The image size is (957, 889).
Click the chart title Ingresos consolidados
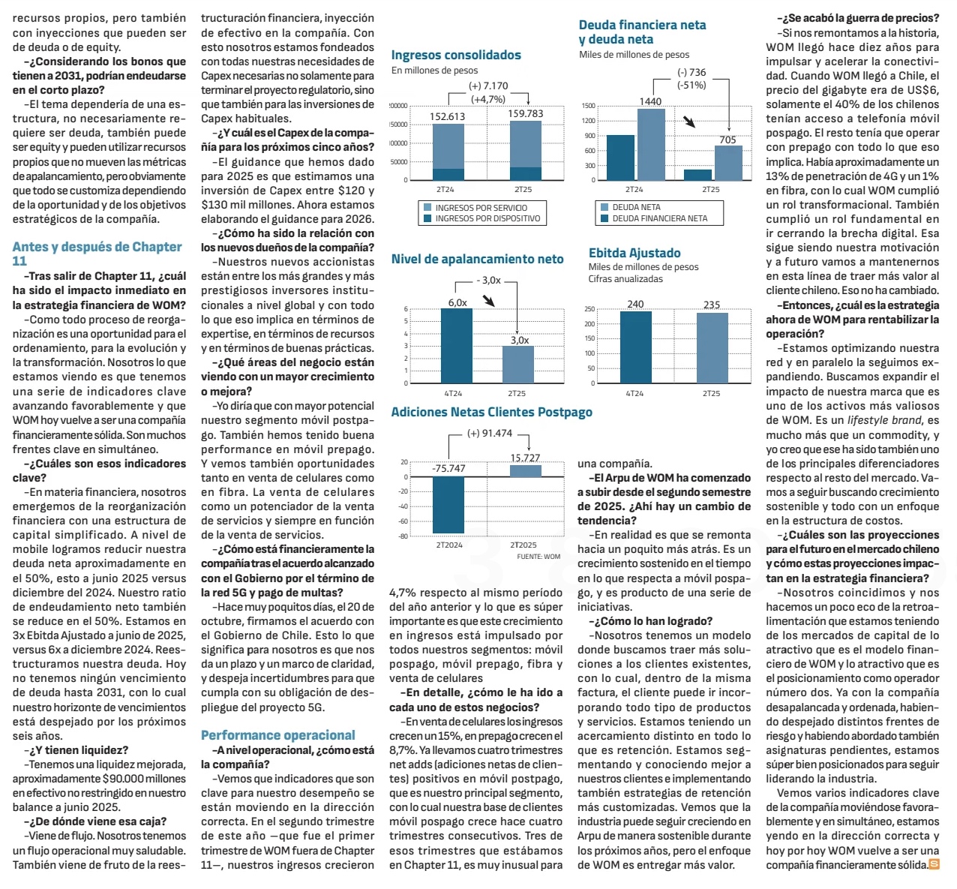456,55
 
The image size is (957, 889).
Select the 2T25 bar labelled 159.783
525,150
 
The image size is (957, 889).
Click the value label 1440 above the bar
650,101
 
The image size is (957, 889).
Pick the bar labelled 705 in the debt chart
727,163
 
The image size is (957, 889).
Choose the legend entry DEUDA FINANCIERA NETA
659,218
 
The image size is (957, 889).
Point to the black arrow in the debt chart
689,122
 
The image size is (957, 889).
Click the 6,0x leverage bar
457,346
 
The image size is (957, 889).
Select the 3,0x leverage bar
519,364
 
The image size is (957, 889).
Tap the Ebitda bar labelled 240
635,347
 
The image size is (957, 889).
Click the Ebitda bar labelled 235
712,348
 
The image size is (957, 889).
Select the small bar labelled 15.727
525,471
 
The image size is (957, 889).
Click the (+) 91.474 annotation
489,433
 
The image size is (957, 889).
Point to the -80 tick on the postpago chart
403,536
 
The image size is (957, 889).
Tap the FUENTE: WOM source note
538,557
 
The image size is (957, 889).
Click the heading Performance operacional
277,735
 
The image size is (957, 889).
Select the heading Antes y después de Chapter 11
97,254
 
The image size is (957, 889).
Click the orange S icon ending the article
934,864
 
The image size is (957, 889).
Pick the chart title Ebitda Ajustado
634,253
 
